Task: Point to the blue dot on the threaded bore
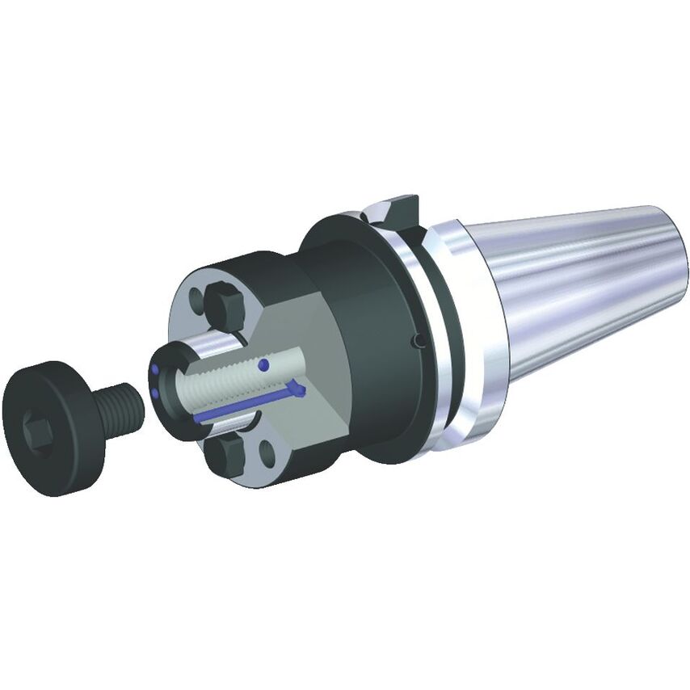[263, 366]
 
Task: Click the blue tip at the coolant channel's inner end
[300, 393]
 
